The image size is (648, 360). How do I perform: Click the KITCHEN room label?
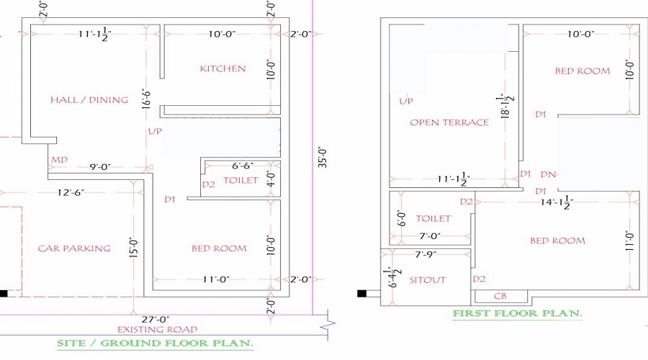tap(222, 68)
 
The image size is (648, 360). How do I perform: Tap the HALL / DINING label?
tap(89, 99)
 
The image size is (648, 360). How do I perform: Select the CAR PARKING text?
tap(74, 248)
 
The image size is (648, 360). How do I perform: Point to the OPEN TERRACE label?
tap(449, 122)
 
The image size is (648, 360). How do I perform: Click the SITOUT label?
tap(428, 280)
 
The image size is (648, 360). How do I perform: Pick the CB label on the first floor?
tap(500, 296)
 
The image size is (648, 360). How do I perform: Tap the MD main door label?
tap(60, 160)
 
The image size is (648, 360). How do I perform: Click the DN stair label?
tap(549, 174)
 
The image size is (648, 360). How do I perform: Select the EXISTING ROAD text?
tap(157, 330)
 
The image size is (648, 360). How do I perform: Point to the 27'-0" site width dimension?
tap(156, 320)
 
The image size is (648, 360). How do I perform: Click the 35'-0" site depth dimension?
tap(323, 157)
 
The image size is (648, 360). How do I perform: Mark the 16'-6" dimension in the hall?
tap(146, 99)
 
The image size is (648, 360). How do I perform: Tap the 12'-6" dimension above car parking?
tap(71, 192)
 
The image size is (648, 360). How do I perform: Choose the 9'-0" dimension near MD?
tap(100, 167)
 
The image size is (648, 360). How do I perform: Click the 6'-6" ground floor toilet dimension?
tap(243, 166)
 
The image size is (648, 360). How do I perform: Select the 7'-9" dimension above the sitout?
tap(426, 255)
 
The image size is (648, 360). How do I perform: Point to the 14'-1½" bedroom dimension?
tap(557, 202)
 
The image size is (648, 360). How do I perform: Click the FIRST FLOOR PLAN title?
tap(518, 313)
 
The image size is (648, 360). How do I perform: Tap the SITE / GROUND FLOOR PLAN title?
tap(155, 343)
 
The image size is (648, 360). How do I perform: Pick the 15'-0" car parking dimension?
tap(133, 248)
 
